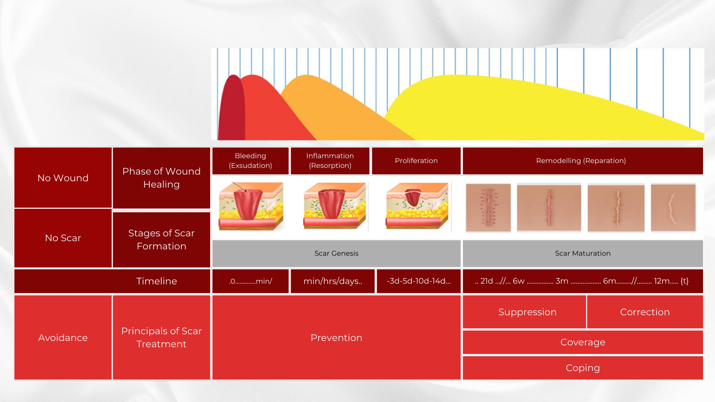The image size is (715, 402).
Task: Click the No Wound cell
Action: (x=63, y=178)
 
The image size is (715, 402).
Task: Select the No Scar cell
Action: (x=63, y=238)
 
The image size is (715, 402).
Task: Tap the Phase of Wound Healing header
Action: (x=161, y=178)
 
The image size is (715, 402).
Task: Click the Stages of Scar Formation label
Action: (x=161, y=240)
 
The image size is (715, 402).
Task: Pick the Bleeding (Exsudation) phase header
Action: (x=250, y=161)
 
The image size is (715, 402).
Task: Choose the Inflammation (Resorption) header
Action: (x=330, y=161)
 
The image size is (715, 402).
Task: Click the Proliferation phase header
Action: (x=416, y=161)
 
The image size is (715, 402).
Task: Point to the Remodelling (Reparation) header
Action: (x=583, y=161)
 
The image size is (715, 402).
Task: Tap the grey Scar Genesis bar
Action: (x=336, y=253)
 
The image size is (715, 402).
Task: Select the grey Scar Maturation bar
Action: (x=583, y=253)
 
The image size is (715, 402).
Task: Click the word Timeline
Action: (x=157, y=281)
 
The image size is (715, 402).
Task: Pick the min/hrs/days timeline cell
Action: (x=333, y=281)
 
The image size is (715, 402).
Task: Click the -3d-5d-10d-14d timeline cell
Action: (x=419, y=281)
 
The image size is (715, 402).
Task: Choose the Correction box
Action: (x=645, y=312)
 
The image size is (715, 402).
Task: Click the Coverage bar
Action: (x=583, y=342)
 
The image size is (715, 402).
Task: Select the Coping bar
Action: (x=583, y=368)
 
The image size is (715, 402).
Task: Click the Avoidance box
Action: (x=63, y=338)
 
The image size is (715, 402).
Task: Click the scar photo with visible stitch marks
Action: (x=488, y=208)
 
